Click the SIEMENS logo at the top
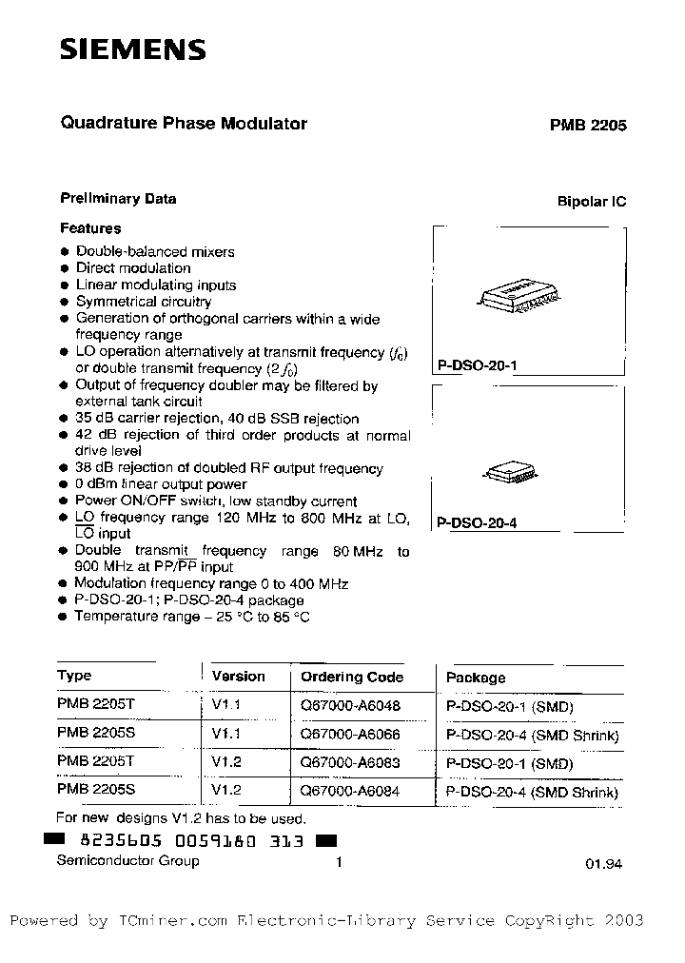132,50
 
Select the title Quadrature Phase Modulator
184,124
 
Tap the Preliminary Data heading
118,199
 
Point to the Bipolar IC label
591,202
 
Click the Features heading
90,228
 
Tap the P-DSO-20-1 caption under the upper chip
477,364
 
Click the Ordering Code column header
352,677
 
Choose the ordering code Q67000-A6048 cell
350,707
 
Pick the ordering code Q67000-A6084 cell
350,792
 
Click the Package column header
476,678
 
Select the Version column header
238,676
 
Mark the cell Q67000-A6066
350,736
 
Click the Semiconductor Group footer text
128,861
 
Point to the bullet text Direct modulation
133,268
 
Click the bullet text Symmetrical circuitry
144,302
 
